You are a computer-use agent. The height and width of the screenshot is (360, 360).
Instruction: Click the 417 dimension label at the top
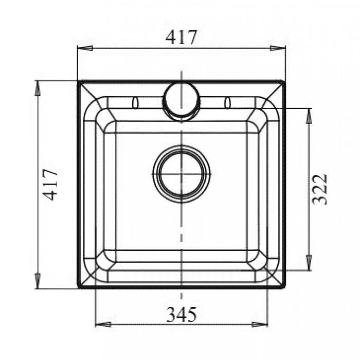click(182, 37)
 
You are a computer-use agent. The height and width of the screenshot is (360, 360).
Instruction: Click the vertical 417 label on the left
click(50, 184)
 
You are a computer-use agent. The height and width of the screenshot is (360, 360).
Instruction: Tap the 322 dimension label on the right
click(319, 189)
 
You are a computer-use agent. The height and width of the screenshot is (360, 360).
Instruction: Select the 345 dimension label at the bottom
click(182, 314)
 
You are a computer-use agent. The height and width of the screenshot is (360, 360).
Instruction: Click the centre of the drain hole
click(182, 174)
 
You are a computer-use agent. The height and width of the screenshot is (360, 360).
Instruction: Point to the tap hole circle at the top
click(182, 101)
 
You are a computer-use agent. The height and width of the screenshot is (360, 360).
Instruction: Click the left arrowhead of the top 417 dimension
click(85, 48)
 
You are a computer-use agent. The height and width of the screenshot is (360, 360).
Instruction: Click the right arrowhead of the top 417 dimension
click(278, 48)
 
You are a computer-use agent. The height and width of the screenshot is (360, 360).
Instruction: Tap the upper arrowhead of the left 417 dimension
click(37, 88)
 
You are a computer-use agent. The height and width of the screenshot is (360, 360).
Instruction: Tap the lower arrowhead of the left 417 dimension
click(37, 281)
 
